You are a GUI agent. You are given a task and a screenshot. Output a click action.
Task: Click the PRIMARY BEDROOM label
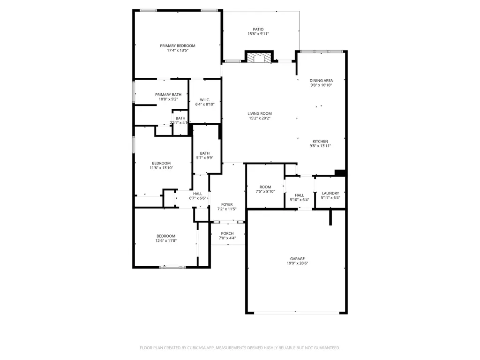177,46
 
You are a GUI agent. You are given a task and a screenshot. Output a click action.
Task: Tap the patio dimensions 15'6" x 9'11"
258,34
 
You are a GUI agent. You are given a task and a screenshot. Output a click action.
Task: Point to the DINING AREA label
321,81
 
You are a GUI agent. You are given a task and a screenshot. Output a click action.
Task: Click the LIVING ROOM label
260,113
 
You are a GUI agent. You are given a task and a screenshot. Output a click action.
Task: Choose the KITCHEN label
321,141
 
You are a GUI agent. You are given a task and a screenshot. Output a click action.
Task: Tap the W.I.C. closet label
205,99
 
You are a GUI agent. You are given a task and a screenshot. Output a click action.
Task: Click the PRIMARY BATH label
168,94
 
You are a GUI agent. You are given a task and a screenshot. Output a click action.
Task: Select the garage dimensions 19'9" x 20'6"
297,263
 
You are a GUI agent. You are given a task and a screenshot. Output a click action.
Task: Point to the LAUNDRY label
330,193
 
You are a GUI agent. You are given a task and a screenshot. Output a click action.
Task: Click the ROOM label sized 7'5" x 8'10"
265,187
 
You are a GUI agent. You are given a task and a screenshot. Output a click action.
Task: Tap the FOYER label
227,204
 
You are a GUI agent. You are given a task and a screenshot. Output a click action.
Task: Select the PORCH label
227,233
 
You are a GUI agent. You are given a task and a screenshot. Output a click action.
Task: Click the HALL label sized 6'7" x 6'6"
198,194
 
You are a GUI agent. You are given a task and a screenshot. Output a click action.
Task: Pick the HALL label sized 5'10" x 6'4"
300,195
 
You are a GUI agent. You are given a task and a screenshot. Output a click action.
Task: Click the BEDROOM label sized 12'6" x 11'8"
166,236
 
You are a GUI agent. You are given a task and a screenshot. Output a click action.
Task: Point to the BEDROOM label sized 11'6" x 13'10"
161,163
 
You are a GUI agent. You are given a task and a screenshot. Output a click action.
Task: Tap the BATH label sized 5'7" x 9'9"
205,153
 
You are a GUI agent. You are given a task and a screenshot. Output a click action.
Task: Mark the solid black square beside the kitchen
341,172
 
